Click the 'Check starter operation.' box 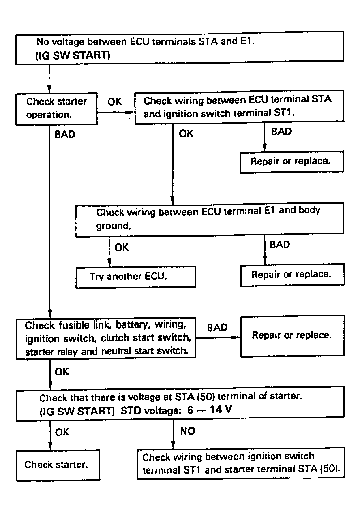pyautogui.click(x=56, y=109)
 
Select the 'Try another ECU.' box pyautogui.click(x=136, y=277)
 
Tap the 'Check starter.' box pyautogui.click(x=58, y=465)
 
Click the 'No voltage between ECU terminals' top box pyautogui.click(x=180, y=48)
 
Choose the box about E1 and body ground pyautogui.click(x=210, y=220)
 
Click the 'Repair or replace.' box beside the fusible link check pyautogui.click(x=293, y=336)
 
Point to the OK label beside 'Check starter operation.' pyautogui.click(x=115, y=102)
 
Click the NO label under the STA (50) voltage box pyautogui.click(x=188, y=431)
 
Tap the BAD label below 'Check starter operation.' pyautogui.click(x=65, y=134)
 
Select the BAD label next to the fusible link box pyautogui.click(x=217, y=328)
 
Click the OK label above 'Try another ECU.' pyautogui.click(x=122, y=247)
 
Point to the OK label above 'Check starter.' pyautogui.click(x=62, y=432)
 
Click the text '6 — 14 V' pyautogui.click(x=210, y=410)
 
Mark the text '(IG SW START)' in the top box pyautogui.click(x=73, y=55)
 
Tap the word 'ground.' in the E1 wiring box pyautogui.click(x=114, y=226)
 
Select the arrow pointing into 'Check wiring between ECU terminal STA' pyautogui.click(x=116, y=113)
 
